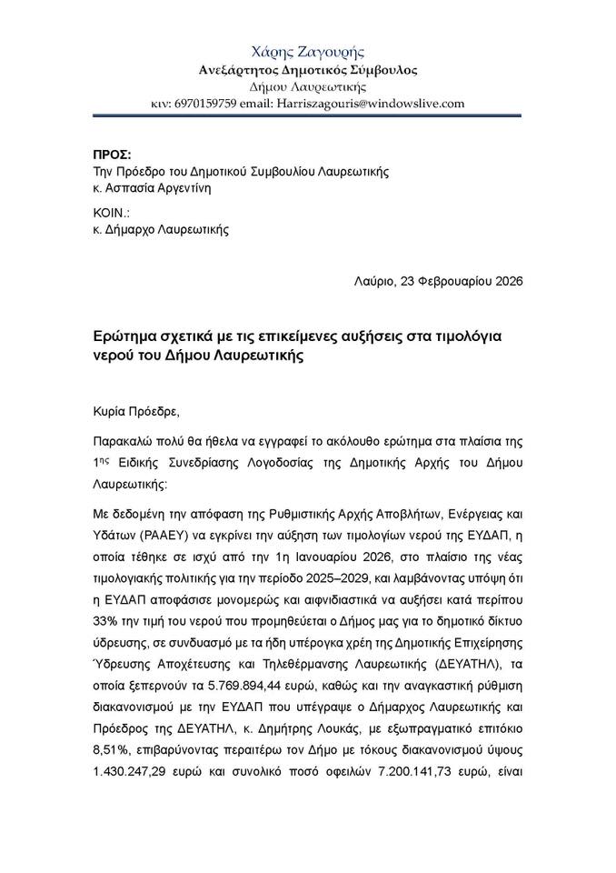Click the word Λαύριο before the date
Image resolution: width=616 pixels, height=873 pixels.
[373, 281]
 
